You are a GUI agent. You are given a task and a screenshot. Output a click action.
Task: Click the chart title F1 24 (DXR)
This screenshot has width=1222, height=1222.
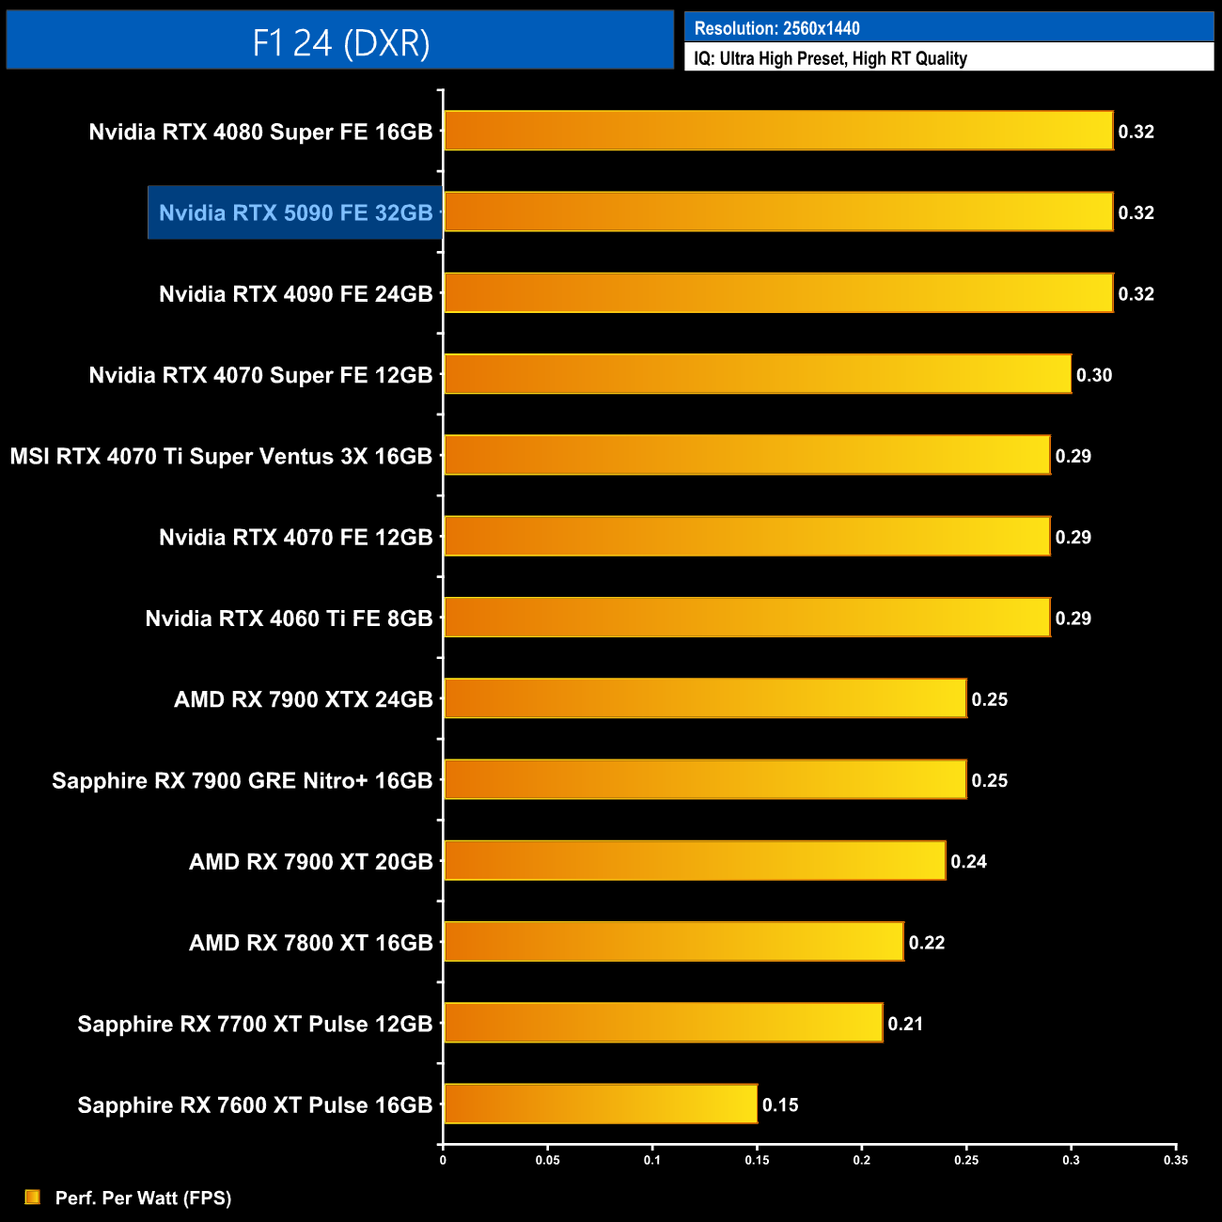pos(340,42)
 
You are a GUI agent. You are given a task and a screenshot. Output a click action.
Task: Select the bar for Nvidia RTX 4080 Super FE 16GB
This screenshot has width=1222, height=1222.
pos(778,131)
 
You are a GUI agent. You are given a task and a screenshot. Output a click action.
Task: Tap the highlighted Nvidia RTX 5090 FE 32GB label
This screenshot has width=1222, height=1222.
pos(295,212)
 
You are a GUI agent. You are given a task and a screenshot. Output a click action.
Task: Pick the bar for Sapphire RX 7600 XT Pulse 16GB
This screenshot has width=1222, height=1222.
pos(601,1104)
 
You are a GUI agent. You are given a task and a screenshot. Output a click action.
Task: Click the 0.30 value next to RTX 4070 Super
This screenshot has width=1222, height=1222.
pos(1094,375)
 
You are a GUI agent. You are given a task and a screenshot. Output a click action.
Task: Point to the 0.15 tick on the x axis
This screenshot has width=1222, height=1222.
pos(757,1160)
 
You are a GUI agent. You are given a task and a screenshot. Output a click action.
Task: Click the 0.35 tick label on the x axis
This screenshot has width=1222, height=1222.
pos(1176,1160)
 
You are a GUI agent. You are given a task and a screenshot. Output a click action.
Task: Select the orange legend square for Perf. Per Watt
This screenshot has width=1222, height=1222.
pos(33,1197)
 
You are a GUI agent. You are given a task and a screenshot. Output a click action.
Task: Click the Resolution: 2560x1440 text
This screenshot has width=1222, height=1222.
pos(776,28)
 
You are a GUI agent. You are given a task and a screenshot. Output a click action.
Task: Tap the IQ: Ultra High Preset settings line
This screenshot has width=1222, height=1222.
pos(830,58)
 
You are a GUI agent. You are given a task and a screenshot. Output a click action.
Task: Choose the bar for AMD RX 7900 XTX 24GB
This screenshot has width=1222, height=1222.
pos(705,698)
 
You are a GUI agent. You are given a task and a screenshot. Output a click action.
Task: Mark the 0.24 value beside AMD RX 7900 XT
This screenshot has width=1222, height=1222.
pos(968,861)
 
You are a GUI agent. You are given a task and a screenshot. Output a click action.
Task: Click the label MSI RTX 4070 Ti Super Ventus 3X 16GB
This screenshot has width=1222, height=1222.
pos(221,456)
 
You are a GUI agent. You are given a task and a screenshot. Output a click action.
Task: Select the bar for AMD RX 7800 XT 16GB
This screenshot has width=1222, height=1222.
pos(674,942)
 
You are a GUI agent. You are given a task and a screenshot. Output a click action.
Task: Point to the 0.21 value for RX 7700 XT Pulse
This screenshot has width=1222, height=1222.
pos(905,1024)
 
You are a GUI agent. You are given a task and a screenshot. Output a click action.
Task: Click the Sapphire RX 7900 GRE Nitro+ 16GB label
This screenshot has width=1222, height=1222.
pos(242,780)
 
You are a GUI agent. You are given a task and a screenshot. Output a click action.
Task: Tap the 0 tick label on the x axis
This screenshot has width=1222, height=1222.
pos(443,1160)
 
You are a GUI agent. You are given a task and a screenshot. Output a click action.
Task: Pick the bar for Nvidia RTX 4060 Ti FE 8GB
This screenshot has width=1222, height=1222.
pos(747,618)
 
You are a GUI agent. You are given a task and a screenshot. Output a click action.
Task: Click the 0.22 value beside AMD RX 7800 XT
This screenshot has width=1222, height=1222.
pos(926,942)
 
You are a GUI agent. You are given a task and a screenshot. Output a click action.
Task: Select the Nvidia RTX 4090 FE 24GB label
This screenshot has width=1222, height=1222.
pos(295,294)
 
